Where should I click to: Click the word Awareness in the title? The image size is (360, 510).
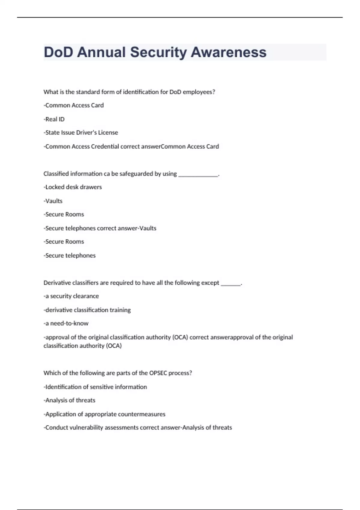[x=228, y=52]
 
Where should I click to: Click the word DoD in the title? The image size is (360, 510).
[x=58, y=52]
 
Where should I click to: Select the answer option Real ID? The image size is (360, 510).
[x=54, y=119]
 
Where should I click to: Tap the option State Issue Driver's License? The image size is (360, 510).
[x=81, y=133]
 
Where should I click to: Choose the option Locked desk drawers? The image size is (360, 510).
[x=73, y=187]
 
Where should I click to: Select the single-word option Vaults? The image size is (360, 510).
[x=53, y=201]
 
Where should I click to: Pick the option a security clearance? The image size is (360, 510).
[x=71, y=296]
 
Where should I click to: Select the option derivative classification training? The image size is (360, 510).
[x=87, y=310]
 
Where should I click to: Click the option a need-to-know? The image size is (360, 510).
[x=66, y=323]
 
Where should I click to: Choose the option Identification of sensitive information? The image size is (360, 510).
[x=96, y=387]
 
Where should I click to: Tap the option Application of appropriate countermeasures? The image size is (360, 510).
[x=105, y=414]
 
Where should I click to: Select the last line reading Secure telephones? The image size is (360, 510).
[x=70, y=256]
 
